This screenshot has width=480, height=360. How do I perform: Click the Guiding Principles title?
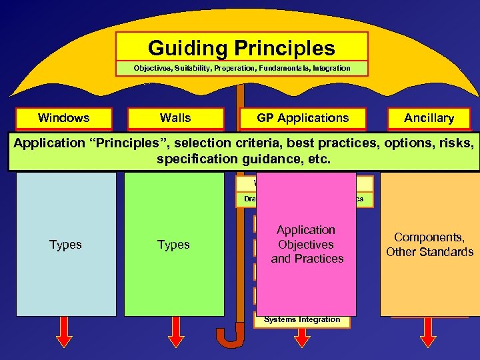(x=241, y=48)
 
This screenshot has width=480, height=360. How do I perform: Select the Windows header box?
(x=64, y=118)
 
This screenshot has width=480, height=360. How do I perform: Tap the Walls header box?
(x=175, y=118)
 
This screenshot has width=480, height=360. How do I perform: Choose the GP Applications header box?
(x=303, y=118)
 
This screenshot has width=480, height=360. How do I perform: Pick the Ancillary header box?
(x=429, y=118)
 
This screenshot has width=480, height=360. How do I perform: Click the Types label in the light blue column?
(x=65, y=245)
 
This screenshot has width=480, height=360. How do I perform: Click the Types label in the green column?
(x=173, y=245)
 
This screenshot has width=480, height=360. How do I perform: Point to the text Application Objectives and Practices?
(x=307, y=244)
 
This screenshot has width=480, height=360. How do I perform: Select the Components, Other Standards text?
(x=429, y=245)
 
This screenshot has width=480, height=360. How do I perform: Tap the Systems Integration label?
(x=301, y=319)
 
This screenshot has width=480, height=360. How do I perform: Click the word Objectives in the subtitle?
(x=152, y=68)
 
